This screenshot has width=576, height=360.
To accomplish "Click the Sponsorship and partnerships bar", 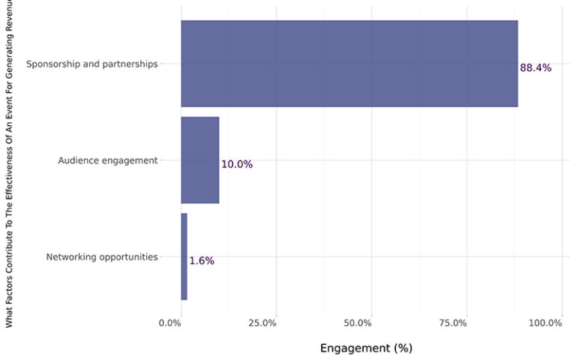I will (x=349, y=64).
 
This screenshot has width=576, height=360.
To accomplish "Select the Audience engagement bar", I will (x=199, y=160).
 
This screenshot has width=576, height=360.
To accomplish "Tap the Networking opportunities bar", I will (x=184, y=256).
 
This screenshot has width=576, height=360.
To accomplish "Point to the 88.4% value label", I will (x=535, y=67).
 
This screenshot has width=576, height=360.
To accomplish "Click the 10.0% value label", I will (x=236, y=164).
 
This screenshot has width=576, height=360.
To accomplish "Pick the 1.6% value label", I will (x=201, y=261).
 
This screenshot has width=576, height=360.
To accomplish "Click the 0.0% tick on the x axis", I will (x=170, y=322).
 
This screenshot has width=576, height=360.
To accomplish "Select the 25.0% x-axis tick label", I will (x=263, y=322).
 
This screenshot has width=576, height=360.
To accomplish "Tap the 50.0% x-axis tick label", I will (x=358, y=322).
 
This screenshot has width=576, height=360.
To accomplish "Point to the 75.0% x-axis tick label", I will (x=452, y=322).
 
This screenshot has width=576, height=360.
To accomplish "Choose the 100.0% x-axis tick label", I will (x=545, y=322).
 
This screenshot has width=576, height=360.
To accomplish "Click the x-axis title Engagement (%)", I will (x=366, y=348).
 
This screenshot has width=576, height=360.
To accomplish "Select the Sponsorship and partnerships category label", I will (x=91, y=64).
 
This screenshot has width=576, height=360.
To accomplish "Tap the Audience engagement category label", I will (x=108, y=160).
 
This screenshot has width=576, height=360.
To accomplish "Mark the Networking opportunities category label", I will (x=102, y=256).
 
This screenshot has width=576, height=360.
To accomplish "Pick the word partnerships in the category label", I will (x=130, y=64).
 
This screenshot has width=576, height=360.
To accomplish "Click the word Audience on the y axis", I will (x=77, y=160).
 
